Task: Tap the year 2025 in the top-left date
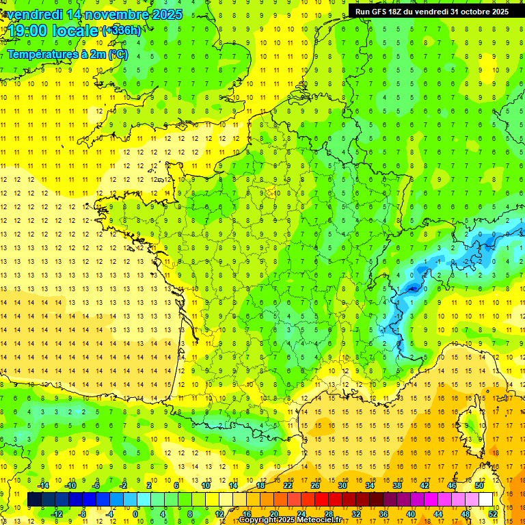coord(166,14)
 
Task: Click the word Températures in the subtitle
coord(42,54)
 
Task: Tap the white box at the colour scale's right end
coord(486,500)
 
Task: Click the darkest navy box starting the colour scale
coord(34,500)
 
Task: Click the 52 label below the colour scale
coord(492,513)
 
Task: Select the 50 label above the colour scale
coord(479,485)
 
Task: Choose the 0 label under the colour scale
coord(135,513)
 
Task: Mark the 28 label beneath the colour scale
coord(329,513)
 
